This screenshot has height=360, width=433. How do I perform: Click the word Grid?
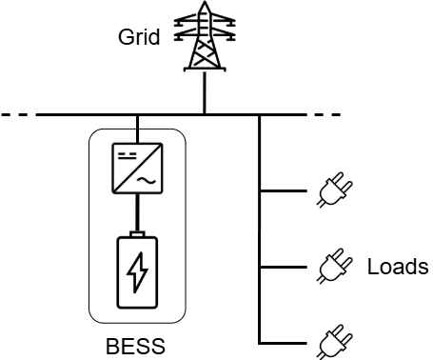[x=139, y=38]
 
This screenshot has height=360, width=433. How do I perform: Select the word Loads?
[x=397, y=267]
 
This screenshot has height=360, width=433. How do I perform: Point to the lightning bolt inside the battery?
[x=138, y=273]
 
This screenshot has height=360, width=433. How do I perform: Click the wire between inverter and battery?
[x=138, y=214]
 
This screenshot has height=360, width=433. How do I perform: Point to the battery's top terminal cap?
[x=138, y=234]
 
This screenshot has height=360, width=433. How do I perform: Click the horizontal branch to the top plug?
[x=285, y=191]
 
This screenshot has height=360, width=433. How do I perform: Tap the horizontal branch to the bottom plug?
[x=285, y=340]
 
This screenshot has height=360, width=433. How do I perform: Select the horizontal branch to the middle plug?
[x=285, y=266]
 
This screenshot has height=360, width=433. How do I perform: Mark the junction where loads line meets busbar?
[x=260, y=116]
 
